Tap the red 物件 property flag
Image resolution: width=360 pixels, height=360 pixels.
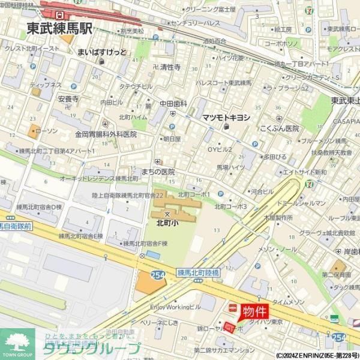pos(255,311)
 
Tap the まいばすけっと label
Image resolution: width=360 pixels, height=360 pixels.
pos(102,52)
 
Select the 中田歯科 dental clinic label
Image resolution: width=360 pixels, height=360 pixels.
pos(173,104)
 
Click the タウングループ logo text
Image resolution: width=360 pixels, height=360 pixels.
pos(99,348)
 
